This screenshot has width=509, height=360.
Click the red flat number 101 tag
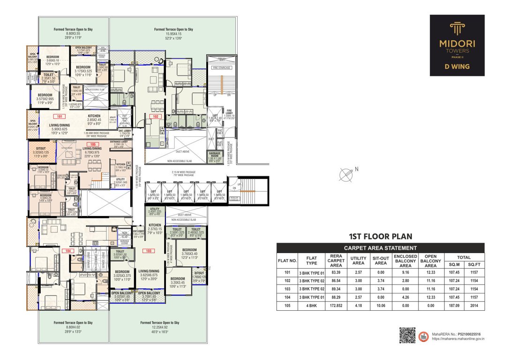(x=59, y=116)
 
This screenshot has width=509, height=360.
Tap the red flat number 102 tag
(x=156, y=116)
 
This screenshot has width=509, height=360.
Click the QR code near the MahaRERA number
(x=407, y=335)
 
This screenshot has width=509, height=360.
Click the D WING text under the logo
(x=457, y=67)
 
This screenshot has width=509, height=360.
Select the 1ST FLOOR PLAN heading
(x=380, y=237)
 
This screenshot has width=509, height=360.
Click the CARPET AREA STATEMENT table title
(x=380, y=248)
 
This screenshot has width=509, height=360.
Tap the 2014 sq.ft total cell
(x=474, y=306)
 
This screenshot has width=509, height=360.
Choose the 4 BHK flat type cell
(x=311, y=306)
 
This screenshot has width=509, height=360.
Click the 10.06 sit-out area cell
(x=381, y=306)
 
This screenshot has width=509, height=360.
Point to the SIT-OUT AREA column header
(x=381, y=261)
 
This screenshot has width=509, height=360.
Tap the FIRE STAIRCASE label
(x=222, y=68)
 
